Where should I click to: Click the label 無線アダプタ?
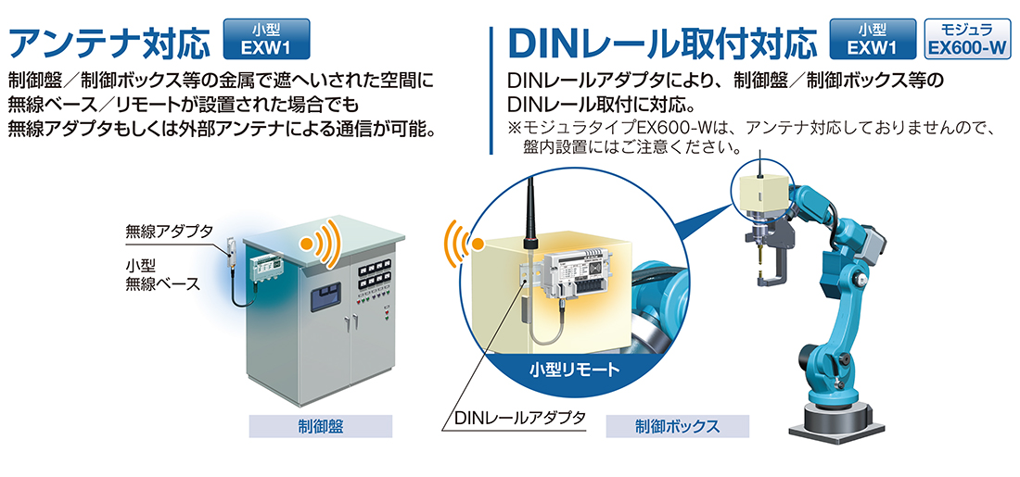coord(170,231)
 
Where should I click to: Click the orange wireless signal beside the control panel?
coord(319,243)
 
